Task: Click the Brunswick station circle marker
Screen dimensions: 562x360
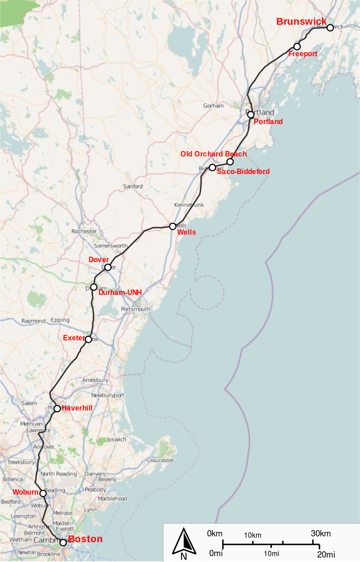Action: [330, 27]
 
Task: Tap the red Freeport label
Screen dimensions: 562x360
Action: [302, 54]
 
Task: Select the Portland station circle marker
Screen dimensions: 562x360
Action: [251, 115]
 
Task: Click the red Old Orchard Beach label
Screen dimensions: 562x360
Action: [213, 154]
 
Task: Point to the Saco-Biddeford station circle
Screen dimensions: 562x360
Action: [212, 168]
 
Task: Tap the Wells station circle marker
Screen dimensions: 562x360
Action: [172, 226]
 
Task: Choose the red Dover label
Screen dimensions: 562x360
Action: [99, 260]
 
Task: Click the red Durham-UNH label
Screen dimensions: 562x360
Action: [120, 293]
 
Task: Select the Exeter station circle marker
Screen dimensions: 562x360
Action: [88, 339]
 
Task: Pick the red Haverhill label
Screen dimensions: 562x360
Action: [77, 408]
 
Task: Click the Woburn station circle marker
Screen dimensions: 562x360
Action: [43, 493]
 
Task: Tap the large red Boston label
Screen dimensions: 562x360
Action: [85, 539]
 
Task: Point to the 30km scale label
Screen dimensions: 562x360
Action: [321, 534]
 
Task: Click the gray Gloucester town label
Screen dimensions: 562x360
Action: [160, 460]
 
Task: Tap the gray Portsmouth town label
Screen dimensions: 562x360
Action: [135, 309]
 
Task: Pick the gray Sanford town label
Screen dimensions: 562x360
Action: [133, 186]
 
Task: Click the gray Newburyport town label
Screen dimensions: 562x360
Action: [108, 395]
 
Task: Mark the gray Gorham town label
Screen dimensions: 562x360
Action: [213, 106]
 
